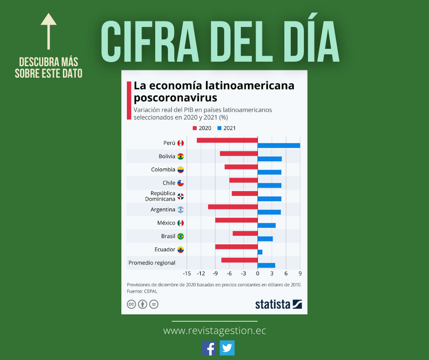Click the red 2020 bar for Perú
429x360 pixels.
pos(227,140)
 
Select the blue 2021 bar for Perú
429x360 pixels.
pos(279,145)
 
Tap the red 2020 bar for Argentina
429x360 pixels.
pos(233,207)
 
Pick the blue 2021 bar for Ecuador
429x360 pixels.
pos(260,252)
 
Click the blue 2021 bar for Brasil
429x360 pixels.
pos(265,238)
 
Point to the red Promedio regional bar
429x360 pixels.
pos(240,260)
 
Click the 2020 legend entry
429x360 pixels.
pos(202,128)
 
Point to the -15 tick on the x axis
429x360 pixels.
pos(187,273)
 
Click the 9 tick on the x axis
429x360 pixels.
pos(300,273)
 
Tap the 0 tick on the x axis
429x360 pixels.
pos(258,273)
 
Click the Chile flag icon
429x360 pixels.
pos(181,183)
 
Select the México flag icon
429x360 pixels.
pos(181,223)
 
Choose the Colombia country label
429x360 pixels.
pos(163,169)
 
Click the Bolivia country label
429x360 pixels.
pos(167,156)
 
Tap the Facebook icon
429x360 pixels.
pos(209,348)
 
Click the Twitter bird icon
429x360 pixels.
pos(227,348)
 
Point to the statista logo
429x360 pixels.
pos(278,304)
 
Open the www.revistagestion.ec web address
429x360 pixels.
pos(214,330)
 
